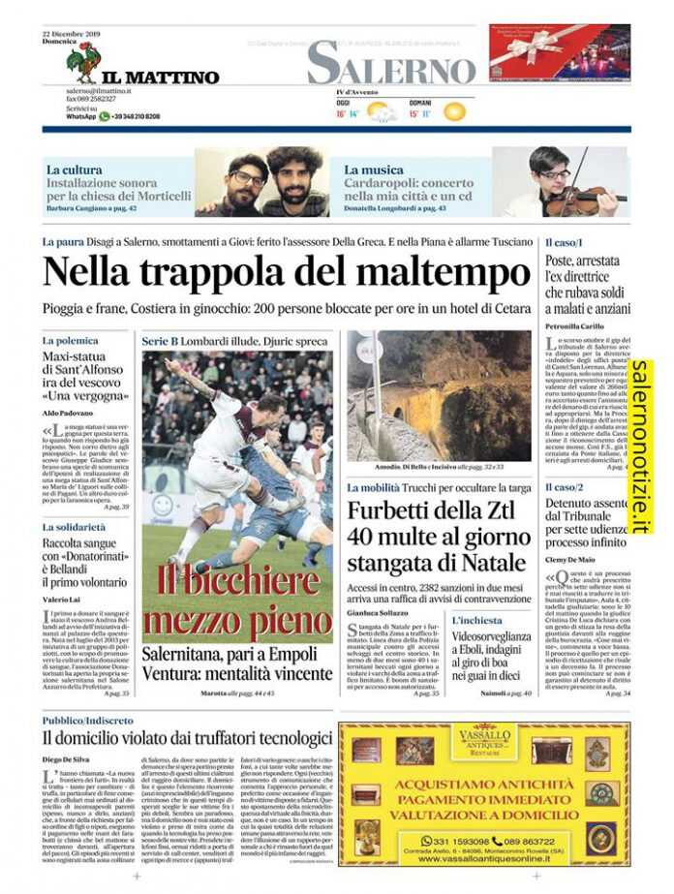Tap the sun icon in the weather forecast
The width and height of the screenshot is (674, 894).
click(454, 112)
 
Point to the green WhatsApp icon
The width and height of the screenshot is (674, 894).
click(105, 116)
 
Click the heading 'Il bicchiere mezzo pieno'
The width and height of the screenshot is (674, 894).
click(237, 601)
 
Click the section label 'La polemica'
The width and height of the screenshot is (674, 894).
click(70, 341)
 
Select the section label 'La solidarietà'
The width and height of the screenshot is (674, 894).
click(74, 527)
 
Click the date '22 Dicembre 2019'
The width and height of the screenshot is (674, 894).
click(74, 33)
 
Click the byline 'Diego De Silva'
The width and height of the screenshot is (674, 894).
click(65, 758)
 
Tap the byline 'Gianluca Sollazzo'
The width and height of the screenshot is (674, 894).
click(379, 613)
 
